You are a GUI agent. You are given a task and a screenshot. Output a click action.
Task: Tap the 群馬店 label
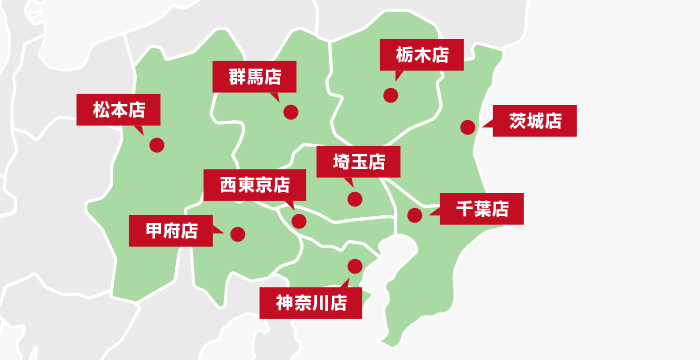click(x=254, y=76)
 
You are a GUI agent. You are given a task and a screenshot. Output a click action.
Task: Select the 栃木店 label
click(x=421, y=54)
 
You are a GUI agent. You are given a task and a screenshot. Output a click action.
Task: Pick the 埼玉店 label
click(x=358, y=161)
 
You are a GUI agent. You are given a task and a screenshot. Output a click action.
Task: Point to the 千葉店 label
click(x=482, y=209)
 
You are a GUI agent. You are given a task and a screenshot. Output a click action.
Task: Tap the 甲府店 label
click(x=171, y=231)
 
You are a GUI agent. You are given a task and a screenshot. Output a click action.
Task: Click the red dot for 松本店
click(x=156, y=145)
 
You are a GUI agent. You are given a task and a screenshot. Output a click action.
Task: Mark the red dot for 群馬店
click(x=290, y=112)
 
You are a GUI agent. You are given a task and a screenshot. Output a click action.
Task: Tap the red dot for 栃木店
click(x=390, y=96)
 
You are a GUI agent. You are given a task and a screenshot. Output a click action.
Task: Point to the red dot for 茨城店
click(x=467, y=126)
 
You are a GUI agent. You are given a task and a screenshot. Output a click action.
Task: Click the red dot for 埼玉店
click(x=354, y=199)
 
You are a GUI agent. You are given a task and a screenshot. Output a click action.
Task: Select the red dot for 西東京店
click(x=299, y=221)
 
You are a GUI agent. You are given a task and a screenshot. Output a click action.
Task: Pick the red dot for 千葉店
click(x=414, y=214)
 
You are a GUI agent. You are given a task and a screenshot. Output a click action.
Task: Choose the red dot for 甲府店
click(x=237, y=234)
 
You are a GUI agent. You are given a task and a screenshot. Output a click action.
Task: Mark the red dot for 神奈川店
click(x=354, y=266)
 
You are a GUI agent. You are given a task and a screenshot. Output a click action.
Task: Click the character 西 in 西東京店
click(x=220, y=184)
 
